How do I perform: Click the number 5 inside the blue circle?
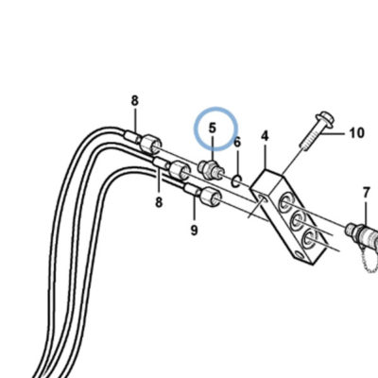tap(213, 129)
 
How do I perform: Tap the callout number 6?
tap(237, 143)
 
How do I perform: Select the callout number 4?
tap(265, 136)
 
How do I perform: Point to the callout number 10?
tap(356, 133)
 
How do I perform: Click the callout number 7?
tap(366, 193)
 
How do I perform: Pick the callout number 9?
tap(195, 231)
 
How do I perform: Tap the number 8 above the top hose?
tap(135, 101)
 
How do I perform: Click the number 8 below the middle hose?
tap(159, 202)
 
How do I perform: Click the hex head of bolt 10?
tap(324, 121)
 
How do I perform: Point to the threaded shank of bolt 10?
tap(310, 139)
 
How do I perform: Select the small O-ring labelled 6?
tap(237, 181)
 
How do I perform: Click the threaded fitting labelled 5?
tap(211, 170)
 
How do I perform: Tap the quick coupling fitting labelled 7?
tap(362, 233)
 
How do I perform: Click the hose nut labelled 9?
tap(211, 197)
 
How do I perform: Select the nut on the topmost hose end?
tap(150, 144)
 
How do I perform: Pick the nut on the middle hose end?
tap(180, 170)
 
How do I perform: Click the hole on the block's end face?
tap(262, 198)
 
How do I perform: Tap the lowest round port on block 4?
tap(308, 238)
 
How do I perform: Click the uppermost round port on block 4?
tap(285, 203)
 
